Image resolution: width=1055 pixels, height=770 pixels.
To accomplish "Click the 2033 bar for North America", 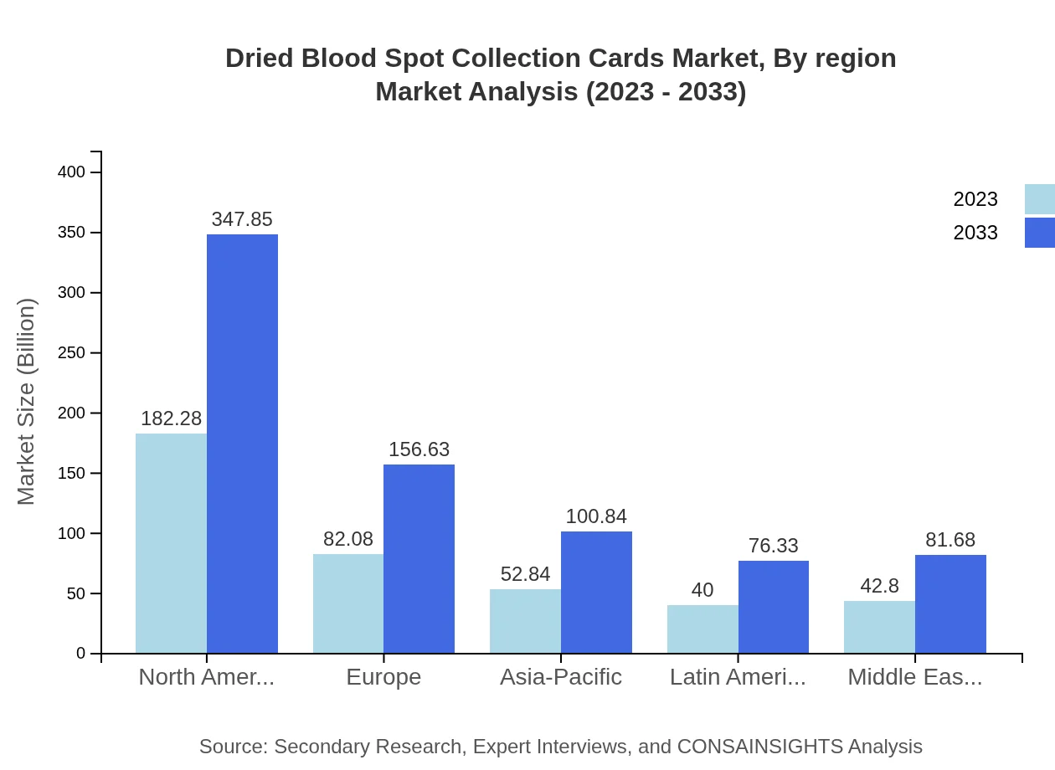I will click(242, 444).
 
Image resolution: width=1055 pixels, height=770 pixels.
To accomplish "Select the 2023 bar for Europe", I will click(348, 603).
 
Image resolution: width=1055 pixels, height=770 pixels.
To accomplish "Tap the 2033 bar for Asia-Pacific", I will click(596, 593).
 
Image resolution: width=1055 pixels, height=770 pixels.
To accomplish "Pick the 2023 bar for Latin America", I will click(702, 629).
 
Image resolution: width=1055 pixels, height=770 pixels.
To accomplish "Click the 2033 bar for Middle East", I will click(950, 603).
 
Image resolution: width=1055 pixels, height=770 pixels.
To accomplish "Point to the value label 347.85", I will click(242, 219).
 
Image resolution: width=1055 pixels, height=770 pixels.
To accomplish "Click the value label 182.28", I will click(171, 418).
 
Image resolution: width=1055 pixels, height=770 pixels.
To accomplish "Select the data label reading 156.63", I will click(419, 449).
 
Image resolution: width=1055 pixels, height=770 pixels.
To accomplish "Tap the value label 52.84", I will click(525, 574).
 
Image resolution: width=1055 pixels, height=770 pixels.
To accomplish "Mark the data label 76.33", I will click(773, 546).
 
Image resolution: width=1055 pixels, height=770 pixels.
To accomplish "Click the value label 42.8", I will click(879, 586).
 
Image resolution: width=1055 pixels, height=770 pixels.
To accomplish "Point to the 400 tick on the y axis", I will click(71, 172).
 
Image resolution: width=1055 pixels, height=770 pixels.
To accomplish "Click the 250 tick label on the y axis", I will click(71, 353).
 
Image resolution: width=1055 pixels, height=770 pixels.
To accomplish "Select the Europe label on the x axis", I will click(383, 677).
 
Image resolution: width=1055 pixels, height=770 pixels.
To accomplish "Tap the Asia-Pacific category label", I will click(561, 677).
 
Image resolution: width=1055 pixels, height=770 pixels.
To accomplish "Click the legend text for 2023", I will click(975, 199).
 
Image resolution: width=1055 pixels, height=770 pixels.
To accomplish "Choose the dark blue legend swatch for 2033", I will click(1040, 233).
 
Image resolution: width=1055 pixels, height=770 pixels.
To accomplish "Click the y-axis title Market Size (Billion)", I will click(27, 402).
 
